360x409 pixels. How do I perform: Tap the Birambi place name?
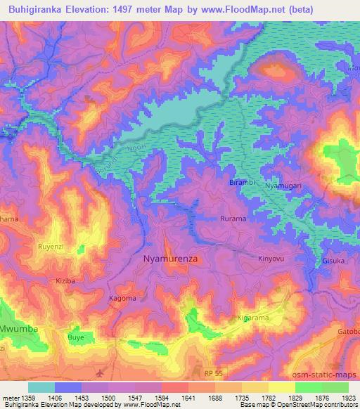243,183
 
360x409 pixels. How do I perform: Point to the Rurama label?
233,219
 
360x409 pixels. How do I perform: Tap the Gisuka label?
334,260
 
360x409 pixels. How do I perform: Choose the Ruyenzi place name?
51,247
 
